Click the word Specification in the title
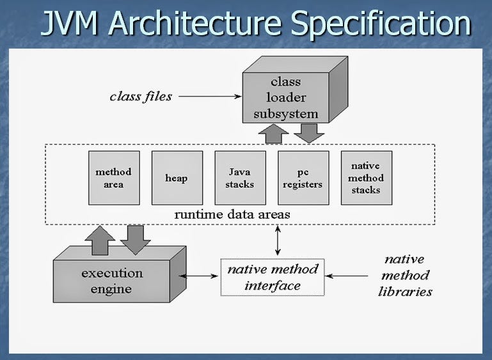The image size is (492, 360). tap(380, 24)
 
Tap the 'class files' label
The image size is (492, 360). tap(141, 97)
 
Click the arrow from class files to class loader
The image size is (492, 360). tap(210, 97)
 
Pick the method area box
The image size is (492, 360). tap(114, 178)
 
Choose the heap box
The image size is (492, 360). tap(177, 178)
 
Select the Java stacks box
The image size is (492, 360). tap(240, 178)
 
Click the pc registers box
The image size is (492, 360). tap(303, 178)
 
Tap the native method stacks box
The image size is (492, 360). tap(366, 178)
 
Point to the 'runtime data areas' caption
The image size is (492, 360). tap(232, 214)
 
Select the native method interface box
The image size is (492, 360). tap(273, 277)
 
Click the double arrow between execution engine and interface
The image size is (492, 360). tap(200, 277)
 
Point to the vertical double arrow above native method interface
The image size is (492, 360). tap(277, 241)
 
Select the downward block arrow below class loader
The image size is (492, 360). tap(309, 132)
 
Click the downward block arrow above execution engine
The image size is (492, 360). tap(135, 239)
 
